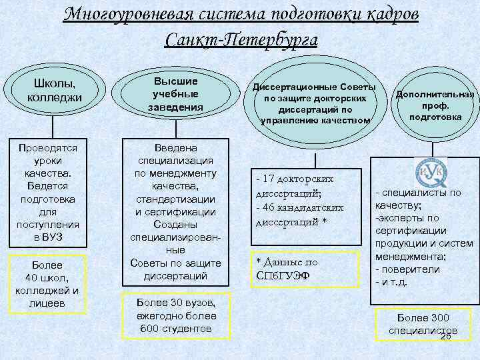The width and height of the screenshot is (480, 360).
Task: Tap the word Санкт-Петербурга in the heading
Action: pos(240,39)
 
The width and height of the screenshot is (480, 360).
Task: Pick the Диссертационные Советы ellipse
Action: pos(313,103)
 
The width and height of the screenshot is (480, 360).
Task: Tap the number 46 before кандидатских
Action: pos(270,208)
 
